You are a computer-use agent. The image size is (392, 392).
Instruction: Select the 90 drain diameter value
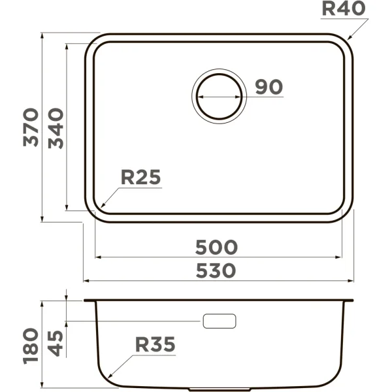coord(268,87)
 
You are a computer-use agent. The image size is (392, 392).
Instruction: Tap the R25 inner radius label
coord(140,178)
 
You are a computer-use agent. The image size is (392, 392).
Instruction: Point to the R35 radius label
coord(155,344)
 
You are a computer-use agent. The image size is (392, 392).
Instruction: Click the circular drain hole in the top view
coord(220,95)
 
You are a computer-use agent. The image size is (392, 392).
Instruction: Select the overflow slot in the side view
coord(220,321)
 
